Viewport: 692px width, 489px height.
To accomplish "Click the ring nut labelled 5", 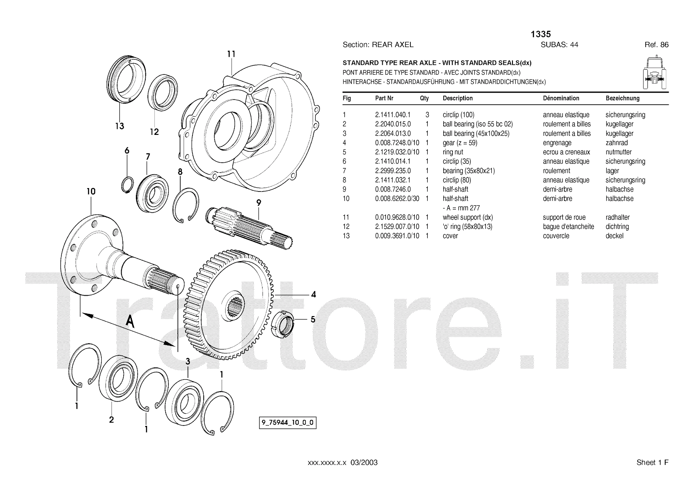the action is click(284, 324).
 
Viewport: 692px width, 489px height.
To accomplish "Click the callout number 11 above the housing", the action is click(231, 54).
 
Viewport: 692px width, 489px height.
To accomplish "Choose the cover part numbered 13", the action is click(124, 82).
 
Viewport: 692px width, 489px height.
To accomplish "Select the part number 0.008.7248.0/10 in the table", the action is click(397, 143).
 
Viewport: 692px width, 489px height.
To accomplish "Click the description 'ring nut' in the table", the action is click(453, 152).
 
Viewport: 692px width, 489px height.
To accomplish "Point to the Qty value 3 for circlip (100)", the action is click(427, 115).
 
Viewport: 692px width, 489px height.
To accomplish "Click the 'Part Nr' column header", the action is click(384, 98).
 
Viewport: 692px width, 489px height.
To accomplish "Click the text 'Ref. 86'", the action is click(657, 45).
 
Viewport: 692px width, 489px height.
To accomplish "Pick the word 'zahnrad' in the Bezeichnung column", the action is click(617, 143).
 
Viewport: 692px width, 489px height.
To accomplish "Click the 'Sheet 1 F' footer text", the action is click(652, 463).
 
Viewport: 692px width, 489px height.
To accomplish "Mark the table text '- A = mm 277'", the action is click(461, 208).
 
